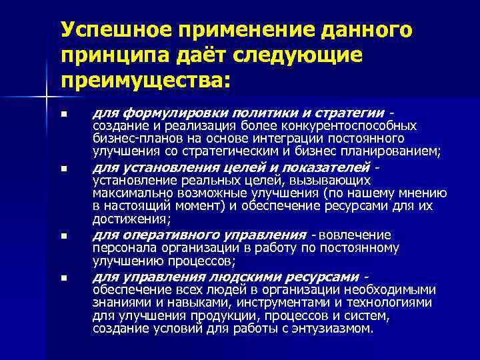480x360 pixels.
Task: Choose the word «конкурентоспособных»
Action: (360, 125)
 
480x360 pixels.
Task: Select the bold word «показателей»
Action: (332, 166)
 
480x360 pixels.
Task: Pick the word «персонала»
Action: (119, 248)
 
